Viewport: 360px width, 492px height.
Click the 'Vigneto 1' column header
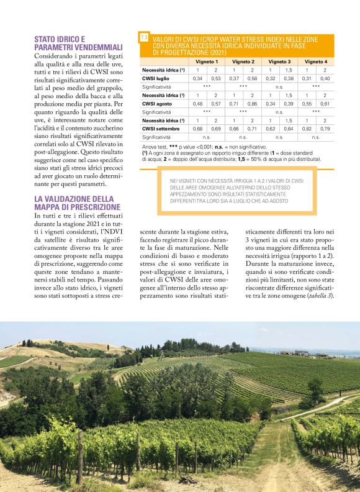(207, 62)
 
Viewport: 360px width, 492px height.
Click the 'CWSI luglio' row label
(156, 79)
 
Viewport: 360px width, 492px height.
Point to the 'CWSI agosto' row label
(156, 103)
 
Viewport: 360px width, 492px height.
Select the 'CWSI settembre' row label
(160, 128)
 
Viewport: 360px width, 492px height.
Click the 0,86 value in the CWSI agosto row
(252, 103)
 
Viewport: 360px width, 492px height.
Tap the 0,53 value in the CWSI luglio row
(215, 79)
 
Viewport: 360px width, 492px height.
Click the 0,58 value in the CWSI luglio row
(252, 79)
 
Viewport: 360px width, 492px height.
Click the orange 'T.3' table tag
(144, 39)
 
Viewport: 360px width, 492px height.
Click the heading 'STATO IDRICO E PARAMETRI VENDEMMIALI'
(68, 43)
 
